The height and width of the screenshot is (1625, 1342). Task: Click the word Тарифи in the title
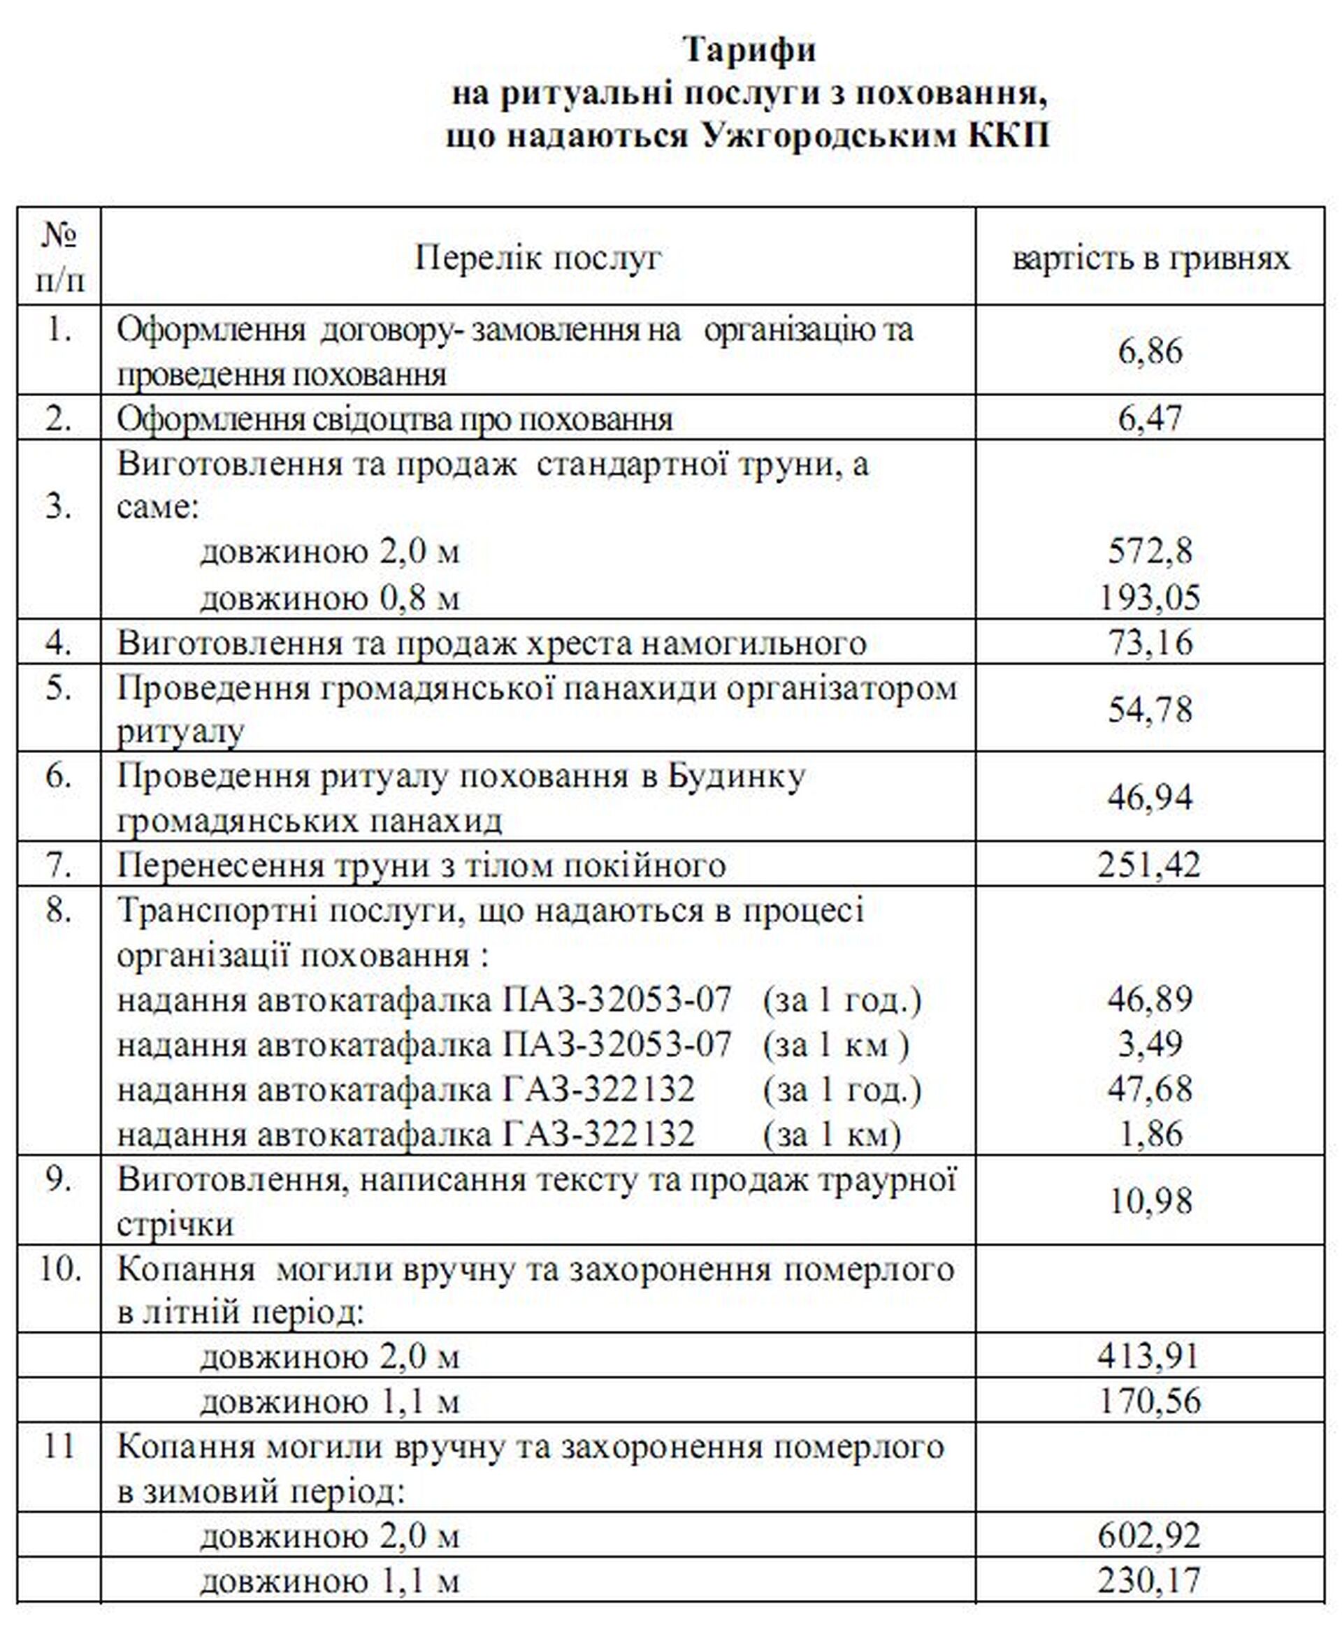(749, 50)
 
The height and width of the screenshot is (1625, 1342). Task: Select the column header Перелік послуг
(538, 257)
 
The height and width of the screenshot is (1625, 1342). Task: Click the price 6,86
(1150, 351)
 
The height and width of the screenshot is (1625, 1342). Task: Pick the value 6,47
(1150, 418)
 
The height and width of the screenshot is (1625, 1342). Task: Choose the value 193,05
(1150, 597)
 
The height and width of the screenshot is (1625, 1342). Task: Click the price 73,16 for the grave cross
(1150, 642)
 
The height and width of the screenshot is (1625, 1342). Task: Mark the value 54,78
(1150, 708)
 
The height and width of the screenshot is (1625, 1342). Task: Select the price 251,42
(1150, 865)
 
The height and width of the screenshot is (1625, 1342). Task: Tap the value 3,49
(1150, 1044)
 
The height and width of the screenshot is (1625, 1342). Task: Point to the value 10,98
(1150, 1200)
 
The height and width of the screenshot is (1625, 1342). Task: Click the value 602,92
(1149, 1536)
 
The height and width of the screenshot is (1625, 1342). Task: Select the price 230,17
(1150, 1580)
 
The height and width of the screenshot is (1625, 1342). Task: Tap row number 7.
(59, 865)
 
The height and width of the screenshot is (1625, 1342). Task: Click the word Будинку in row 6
(736, 775)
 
